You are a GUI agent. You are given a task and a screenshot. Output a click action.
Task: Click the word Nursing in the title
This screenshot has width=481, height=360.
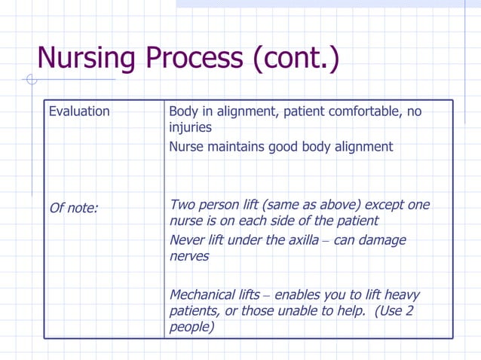(86, 57)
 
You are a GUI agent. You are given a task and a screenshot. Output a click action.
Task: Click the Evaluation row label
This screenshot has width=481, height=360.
(79, 111)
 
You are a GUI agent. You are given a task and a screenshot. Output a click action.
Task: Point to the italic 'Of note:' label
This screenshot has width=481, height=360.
(73, 208)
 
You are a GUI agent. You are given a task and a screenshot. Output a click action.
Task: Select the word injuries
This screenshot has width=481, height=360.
(190, 128)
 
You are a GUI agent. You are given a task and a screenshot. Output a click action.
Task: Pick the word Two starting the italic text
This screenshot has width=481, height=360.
(183, 205)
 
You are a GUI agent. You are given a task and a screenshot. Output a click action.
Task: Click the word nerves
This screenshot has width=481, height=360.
(189, 256)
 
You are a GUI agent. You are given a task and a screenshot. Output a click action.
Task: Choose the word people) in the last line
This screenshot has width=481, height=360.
(191, 327)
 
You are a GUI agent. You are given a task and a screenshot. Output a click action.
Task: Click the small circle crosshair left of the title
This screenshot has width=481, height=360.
(31, 79)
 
